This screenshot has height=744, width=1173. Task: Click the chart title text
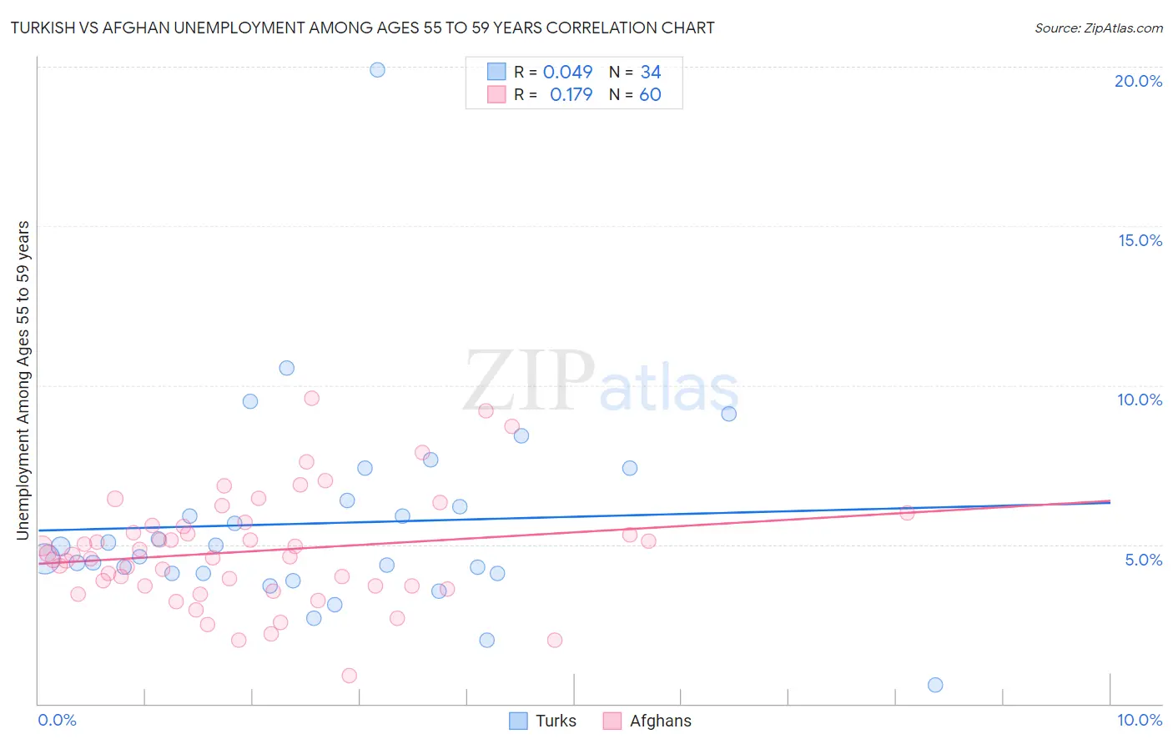tap(362, 28)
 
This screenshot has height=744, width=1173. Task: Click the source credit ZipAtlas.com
tap(1098, 28)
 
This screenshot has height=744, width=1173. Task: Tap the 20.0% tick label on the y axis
tap(1138, 81)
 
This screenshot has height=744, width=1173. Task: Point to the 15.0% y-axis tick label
tap(1140, 240)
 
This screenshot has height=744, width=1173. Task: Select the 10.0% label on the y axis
tap(1140, 400)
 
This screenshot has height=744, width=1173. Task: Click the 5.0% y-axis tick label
tap(1143, 560)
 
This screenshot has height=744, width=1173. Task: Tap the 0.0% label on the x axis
tap(57, 720)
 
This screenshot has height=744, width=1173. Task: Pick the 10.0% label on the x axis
tap(1140, 720)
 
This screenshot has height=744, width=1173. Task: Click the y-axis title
tap(23, 380)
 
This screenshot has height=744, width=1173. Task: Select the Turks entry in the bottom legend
tap(556, 721)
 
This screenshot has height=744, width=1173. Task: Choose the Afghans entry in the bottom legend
tap(660, 721)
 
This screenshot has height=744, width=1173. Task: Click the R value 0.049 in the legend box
tap(567, 73)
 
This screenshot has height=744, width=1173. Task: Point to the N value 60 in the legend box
tap(650, 95)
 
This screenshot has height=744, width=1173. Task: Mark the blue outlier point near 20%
tap(377, 70)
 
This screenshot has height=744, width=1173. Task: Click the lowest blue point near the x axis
tap(935, 685)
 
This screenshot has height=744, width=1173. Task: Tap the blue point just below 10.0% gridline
tap(729, 414)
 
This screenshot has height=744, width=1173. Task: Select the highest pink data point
tap(312, 398)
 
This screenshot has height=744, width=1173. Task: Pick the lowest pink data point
tap(350, 676)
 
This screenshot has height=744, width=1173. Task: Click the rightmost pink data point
tap(907, 513)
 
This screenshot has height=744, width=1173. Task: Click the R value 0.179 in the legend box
tap(571, 95)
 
